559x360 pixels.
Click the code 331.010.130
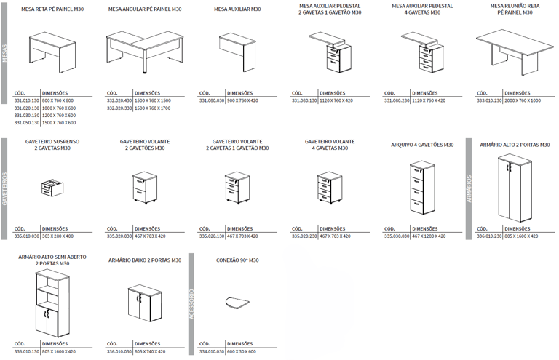(x=27, y=100)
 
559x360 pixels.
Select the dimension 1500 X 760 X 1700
(x=151, y=108)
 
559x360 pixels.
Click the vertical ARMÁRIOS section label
(x=469, y=188)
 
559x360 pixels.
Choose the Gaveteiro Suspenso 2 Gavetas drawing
(x=50, y=189)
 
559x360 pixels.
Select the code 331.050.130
(x=27, y=123)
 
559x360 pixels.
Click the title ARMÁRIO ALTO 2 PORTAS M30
(x=515, y=145)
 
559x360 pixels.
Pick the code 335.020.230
(x=304, y=236)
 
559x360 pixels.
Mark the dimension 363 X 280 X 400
(x=58, y=236)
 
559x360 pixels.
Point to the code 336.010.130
(x=27, y=352)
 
